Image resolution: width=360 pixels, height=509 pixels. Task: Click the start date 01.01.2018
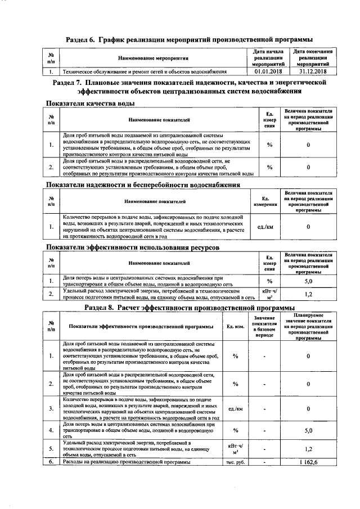(x=268, y=72)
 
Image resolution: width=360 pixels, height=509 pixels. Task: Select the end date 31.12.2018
(x=313, y=72)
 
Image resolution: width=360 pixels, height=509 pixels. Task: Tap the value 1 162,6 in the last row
(x=308, y=462)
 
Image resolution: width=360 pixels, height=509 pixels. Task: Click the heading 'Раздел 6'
(x=188, y=40)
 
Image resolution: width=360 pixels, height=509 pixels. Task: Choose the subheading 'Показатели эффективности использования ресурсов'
(x=132, y=247)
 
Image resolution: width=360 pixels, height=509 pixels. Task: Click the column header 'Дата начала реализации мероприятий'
(x=268, y=58)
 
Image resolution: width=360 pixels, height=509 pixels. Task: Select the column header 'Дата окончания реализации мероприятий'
(x=313, y=58)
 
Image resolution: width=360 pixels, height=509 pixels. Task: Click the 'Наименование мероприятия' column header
(x=153, y=58)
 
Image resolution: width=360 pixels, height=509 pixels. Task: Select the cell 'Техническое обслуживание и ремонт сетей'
(x=144, y=72)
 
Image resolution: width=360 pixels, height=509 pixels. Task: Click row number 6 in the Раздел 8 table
(x=51, y=462)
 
